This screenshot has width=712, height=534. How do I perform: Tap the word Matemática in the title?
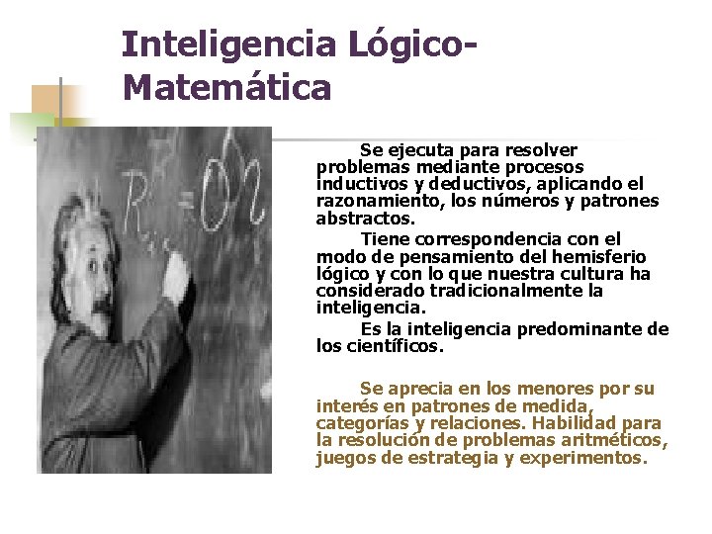pos(227,88)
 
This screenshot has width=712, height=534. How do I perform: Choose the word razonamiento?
pos(374,201)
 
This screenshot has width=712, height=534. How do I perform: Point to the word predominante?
pos(588,329)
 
